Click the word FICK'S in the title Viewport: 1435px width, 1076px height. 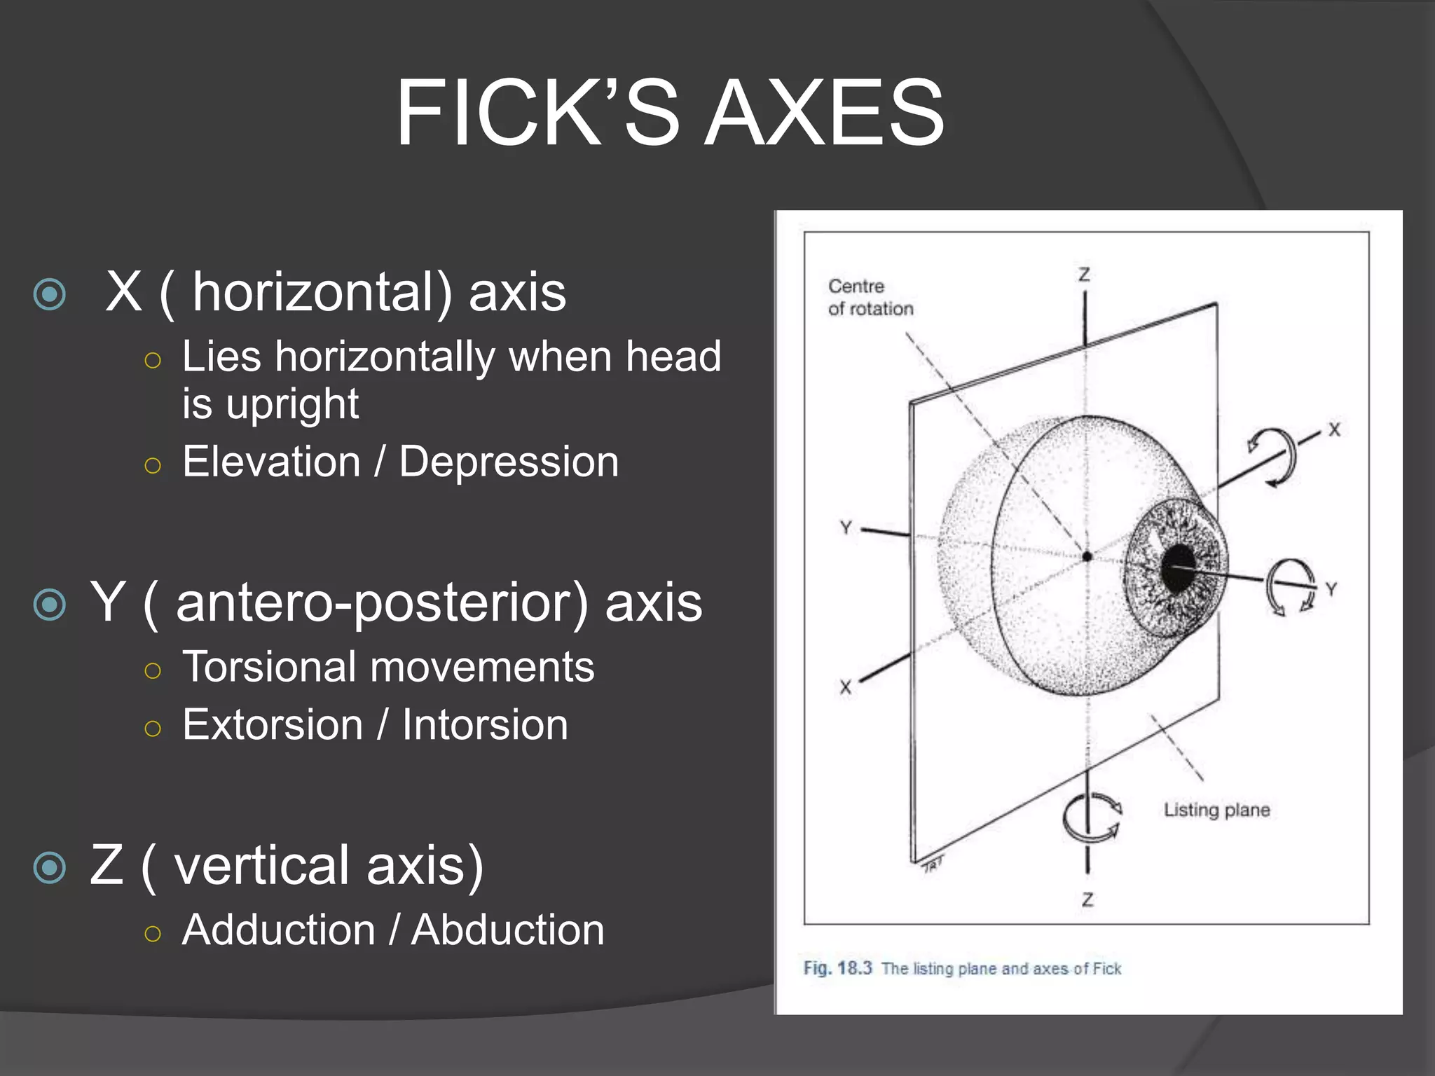point(537,113)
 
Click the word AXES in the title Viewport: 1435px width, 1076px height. point(825,113)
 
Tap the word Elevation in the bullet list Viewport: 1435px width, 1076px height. point(271,462)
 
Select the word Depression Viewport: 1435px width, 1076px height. point(509,462)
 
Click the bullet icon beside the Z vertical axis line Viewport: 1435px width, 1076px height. point(50,868)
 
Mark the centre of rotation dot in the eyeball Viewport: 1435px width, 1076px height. point(1087,556)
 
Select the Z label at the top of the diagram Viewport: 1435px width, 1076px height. point(1084,275)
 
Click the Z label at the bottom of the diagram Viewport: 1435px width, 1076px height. point(1087,899)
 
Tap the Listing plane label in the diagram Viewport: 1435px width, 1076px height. point(1216,810)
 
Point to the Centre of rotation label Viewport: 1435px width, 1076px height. point(870,297)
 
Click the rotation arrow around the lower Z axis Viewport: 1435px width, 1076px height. point(1090,817)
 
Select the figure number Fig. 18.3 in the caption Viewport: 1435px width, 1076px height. point(837,968)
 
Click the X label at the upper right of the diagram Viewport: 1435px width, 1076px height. point(1334,429)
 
